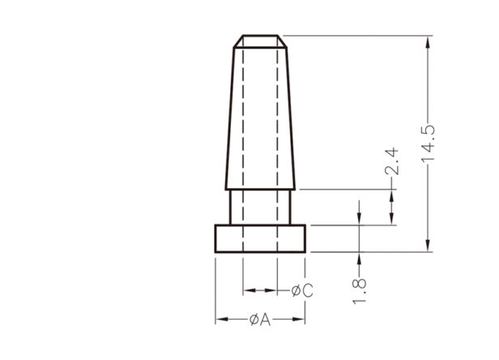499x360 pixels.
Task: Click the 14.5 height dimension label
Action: [x=429, y=144]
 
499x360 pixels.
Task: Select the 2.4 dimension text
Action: [x=391, y=161]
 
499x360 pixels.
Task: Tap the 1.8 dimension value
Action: [x=360, y=292]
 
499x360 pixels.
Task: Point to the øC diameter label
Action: [x=302, y=290]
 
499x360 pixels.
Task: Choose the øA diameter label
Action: [x=260, y=319]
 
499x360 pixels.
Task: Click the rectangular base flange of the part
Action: [x=260, y=238]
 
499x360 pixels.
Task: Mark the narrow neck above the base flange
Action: [x=260, y=207]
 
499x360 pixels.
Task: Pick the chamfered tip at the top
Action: [x=260, y=41]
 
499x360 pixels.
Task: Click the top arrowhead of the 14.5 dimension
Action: [x=429, y=42]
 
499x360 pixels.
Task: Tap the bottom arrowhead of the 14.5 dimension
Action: [x=429, y=246]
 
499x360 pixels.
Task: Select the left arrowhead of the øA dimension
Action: [x=222, y=319]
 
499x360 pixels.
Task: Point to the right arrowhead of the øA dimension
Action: [x=299, y=319]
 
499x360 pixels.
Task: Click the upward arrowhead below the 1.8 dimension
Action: [x=360, y=259]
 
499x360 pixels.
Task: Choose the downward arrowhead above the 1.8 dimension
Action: [x=360, y=219]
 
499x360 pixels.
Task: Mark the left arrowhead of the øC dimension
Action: [x=249, y=290]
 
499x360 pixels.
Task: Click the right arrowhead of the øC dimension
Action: [x=271, y=290]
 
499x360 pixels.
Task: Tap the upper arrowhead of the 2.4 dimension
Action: [x=391, y=195]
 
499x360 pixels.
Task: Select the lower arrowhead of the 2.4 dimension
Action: [x=391, y=219]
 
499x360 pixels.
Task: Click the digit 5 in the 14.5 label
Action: [x=429, y=130]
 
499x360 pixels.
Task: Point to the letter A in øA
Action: [x=265, y=319]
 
